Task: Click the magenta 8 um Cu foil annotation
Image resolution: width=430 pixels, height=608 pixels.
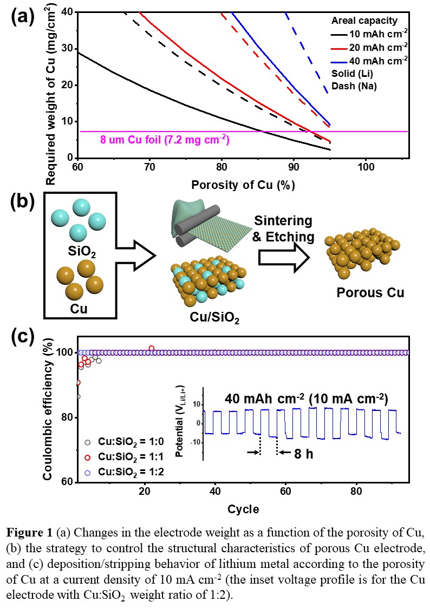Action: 165,140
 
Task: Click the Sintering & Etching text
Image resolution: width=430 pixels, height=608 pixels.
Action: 284,228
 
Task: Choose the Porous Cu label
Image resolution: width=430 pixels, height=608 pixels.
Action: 370,293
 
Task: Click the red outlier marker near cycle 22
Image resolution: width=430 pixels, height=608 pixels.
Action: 152,348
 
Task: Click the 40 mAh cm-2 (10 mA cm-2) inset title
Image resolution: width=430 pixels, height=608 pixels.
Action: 307,398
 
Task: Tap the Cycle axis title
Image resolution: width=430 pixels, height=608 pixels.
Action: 243,509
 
